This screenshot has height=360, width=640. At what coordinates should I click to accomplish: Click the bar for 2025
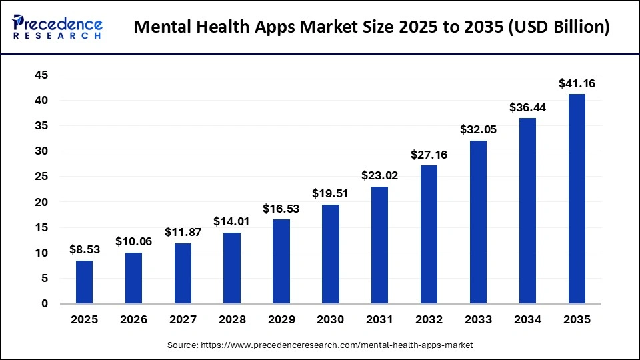point(85,282)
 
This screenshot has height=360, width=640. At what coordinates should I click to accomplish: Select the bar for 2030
point(331,254)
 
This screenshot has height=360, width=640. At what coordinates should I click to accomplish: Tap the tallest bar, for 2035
point(577,199)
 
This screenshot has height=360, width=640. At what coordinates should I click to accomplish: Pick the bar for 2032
point(429,235)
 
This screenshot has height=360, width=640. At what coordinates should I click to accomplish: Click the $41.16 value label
point(577,84)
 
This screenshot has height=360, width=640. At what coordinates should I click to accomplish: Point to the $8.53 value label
point(85,250)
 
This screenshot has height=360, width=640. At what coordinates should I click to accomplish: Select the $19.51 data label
point(331,194)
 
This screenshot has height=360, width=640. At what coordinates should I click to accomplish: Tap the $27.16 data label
point(429,155)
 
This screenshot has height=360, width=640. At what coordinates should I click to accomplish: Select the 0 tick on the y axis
point(44,304)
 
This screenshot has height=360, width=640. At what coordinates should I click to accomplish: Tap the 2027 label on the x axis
point(183,320)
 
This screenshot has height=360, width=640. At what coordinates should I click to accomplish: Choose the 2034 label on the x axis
point(527,320)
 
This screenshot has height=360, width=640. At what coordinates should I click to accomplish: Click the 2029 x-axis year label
point(281,320)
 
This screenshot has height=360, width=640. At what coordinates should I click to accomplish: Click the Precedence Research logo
point(57,27)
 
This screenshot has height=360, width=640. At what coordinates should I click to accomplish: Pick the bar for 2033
point(478,222)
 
